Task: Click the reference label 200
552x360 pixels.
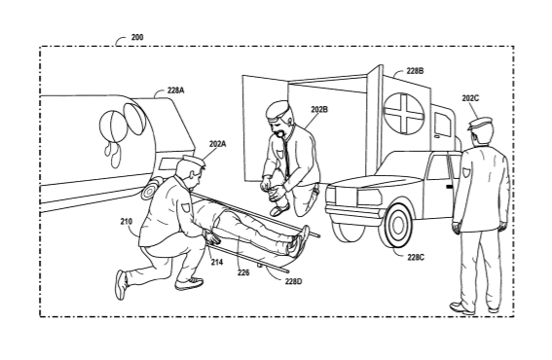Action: tap(137, 37)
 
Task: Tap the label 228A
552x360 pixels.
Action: tap(175, 90)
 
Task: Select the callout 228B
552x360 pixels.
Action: tap(415, 71)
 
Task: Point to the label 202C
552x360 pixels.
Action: tap(470, 98)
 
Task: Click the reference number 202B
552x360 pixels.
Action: tap(319, 109)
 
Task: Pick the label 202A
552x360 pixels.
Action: tap(217, 144)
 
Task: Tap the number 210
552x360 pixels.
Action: tap(127, 221)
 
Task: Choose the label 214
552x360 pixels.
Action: tap(217, 262)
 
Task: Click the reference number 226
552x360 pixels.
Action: tap(243, 272)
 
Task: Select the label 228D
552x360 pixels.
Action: tap(294, 281)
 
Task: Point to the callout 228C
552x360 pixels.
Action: tap(416, 257)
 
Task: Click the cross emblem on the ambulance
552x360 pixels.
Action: tap(403, 113)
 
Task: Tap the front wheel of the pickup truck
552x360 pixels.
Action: tap(397, 225)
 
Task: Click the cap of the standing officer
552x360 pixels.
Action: tap(480, 124)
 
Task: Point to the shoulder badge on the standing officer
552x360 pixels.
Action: tap(466, 172)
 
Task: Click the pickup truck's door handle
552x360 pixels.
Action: tap(449, 186)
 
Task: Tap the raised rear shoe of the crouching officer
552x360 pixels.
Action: tap(121, 285)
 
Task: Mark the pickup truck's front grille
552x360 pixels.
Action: tap(369, 198)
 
